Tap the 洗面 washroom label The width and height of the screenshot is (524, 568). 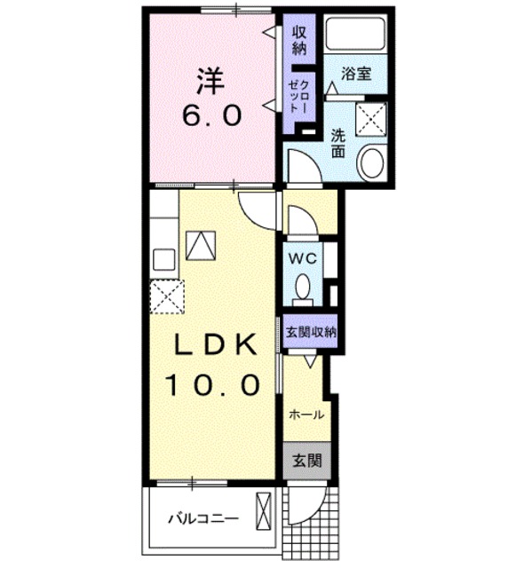[338, 143]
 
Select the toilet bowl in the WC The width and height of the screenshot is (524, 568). [304, 287]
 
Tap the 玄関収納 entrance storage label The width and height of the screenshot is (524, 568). [311, 332]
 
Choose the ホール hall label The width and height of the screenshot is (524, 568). [305, 414]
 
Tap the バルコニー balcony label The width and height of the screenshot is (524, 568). [202, 518]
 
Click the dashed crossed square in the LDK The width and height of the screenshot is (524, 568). [166, 296]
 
